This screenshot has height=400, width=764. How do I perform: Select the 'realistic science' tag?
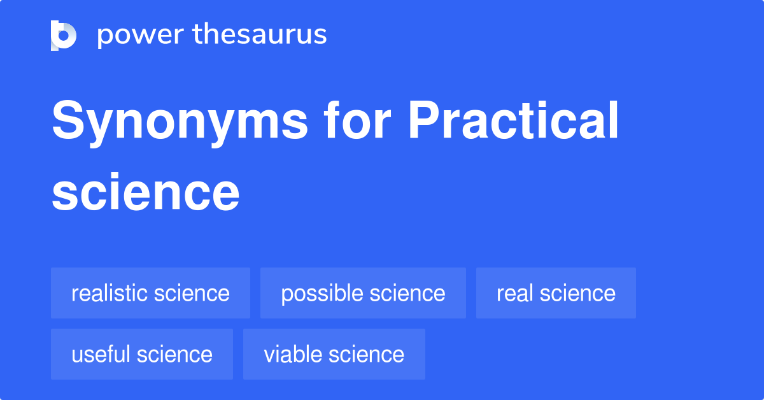tap(150, 294)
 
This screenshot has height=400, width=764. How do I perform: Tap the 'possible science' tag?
tap(363, 294)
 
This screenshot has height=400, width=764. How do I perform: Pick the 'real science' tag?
tap(556, 294)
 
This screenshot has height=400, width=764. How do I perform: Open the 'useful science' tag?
tap(142, 354)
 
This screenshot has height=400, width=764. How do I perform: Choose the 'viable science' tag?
tap(334, 354)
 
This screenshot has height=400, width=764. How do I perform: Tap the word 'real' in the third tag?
tap(514, 294)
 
